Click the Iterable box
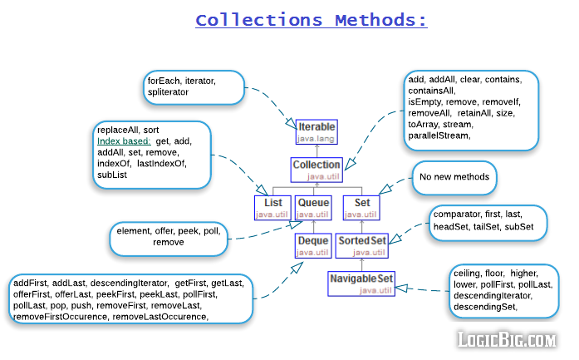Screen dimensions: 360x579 tap(316, 131)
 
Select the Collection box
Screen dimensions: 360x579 tap(316, 170)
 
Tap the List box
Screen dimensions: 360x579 tap(272, 208)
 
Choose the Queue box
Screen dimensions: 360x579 tap(313, 208)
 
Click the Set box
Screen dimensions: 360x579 tap(361, 208)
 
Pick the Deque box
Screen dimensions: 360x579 tap(313, 246)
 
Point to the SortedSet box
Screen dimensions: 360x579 tap(361, 246)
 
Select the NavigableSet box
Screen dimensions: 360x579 tap(361, 284)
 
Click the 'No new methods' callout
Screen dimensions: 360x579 tap(453, 177)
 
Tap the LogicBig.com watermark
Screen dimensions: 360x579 tap(508, 339)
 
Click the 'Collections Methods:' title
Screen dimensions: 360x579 tap(312, 20)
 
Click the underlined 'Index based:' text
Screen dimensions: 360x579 tap(124, 142)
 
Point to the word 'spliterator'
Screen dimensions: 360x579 tap(169, 92)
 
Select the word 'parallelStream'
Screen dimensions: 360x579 tap(439, 135)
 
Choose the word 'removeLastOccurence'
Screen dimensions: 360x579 tap(160, 317)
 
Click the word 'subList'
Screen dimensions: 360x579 tap(112, 175)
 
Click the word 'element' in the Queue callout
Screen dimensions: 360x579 tap(135, 230)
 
